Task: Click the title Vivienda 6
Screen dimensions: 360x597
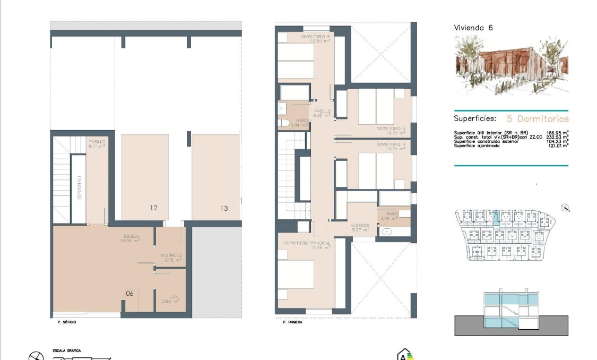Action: click(473, 28)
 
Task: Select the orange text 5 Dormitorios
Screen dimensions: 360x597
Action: click(538, 119)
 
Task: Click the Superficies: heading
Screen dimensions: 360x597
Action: click(475, 119)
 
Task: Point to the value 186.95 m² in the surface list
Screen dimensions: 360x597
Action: click(558, 133)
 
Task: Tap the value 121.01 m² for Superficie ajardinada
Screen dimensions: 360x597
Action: click(558, 145)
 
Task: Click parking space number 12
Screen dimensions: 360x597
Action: click(153, 208)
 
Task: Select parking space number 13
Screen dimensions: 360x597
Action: click(224, 208)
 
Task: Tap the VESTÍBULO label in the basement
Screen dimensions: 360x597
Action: click(171, 255)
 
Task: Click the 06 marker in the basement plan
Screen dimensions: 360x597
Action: click(129, 293)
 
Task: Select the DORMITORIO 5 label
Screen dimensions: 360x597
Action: click(315, 37)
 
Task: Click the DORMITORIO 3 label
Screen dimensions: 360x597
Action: click(391, 128)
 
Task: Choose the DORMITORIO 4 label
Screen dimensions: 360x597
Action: click(391, 144)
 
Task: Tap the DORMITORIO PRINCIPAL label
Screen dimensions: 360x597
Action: click(307, 243)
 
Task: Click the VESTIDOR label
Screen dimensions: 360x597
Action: click(359, 225)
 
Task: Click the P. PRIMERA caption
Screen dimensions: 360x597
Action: click(292, 322)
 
